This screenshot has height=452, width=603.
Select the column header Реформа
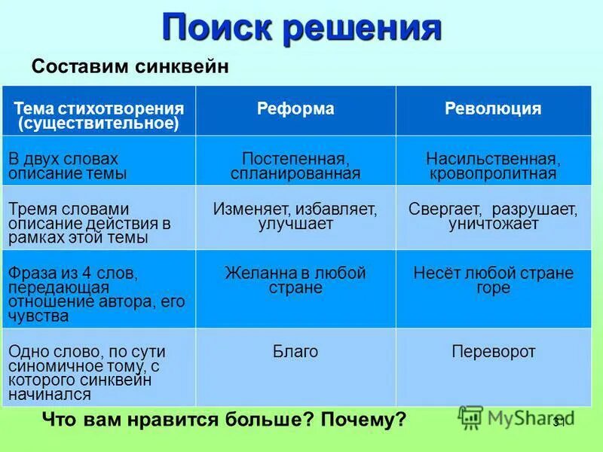pos(295,109)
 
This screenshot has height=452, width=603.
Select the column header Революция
pos(492,109)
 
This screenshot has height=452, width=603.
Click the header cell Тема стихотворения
pos(99,116)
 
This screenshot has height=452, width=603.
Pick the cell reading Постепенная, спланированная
pos(295,166)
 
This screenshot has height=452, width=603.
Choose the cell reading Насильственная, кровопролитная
pos(492,166)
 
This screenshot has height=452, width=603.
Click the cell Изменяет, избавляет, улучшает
pos(295,216)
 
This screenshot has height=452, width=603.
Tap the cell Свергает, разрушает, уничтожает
pos(492,216)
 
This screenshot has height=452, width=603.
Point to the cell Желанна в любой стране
pos(295,280)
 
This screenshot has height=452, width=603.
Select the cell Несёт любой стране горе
pos(492,280)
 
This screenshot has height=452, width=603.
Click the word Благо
pos(295,352)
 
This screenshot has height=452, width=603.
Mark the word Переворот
pos(492,352)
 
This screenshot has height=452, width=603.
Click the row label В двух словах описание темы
pos(68,166)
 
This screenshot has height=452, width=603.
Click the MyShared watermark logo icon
pos(470,417)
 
